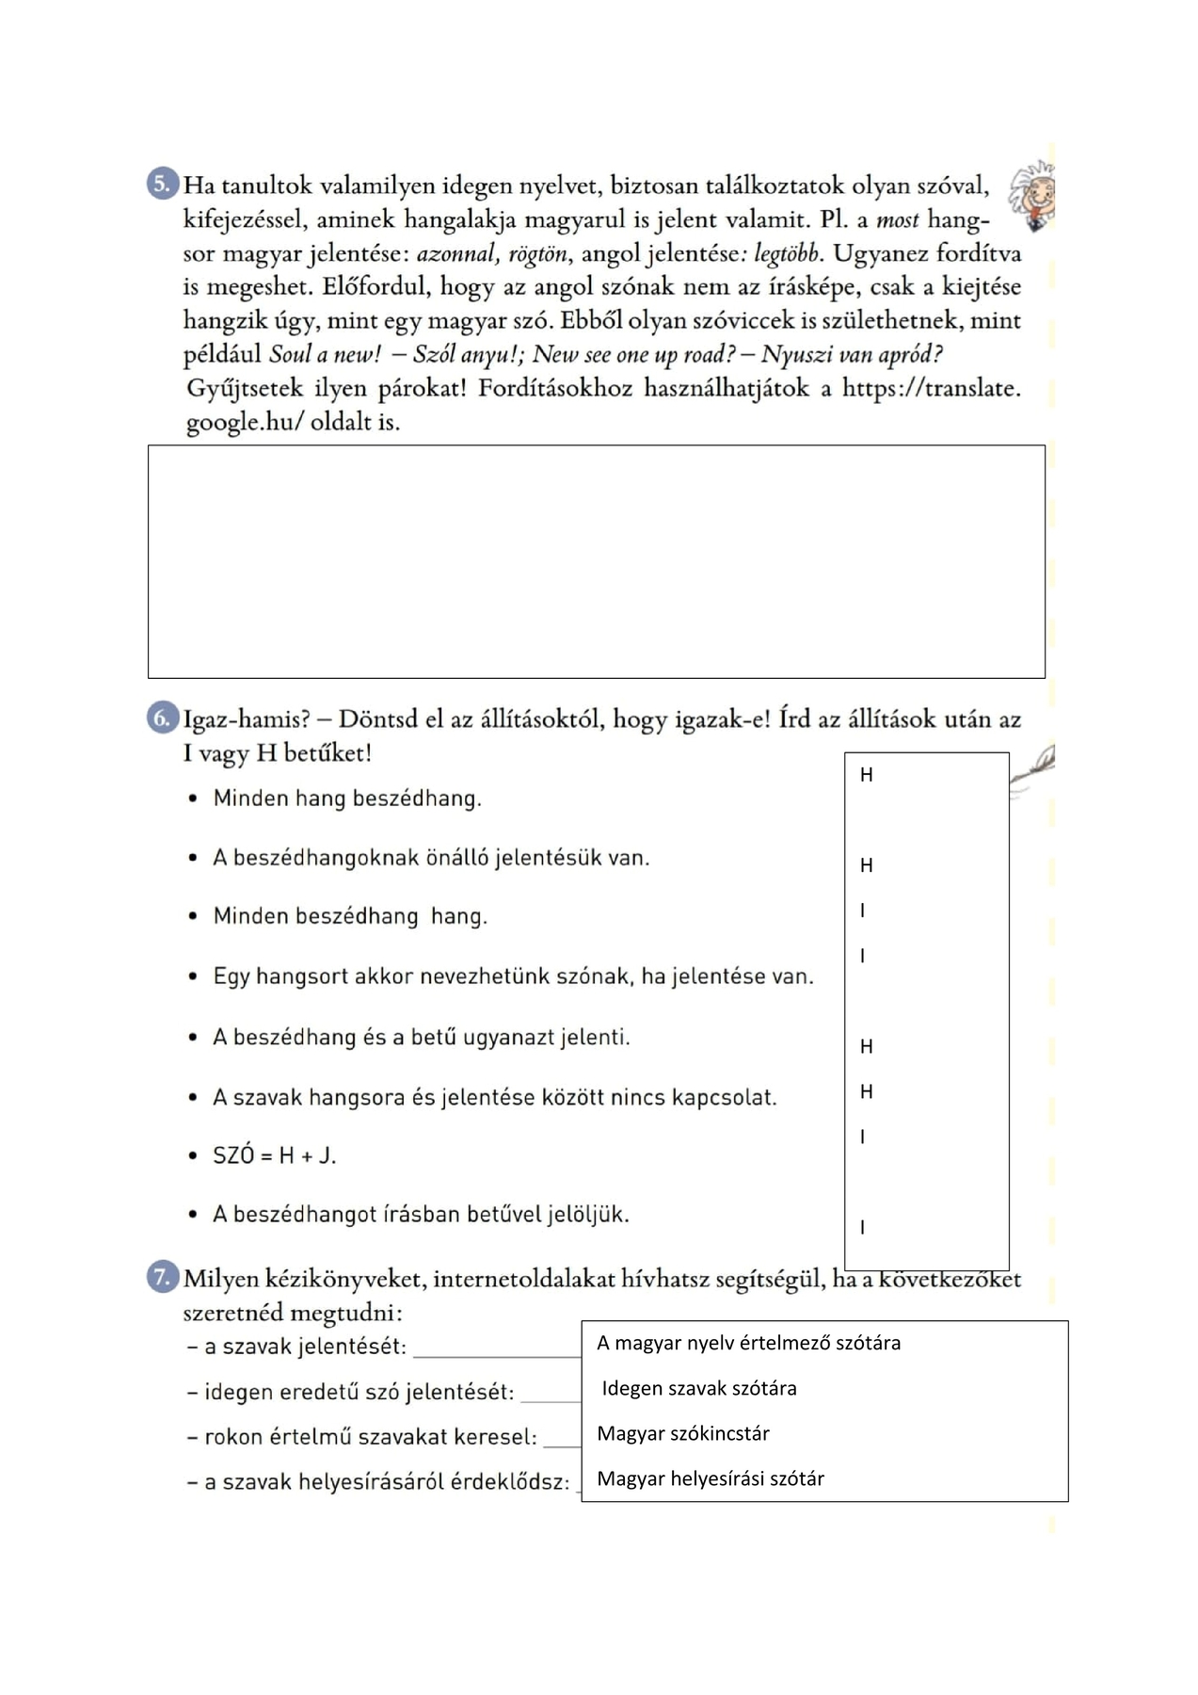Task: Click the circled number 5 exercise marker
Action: click(x=163, y=184)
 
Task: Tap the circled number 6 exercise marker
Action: click(x=163, y=719)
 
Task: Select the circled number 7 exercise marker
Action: click(x=163, y=1278)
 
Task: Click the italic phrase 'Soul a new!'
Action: click(x=325, y=355)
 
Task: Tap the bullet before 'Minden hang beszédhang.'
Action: click(x=193, y=799)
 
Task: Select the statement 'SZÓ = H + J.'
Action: click(x=274, y=1155)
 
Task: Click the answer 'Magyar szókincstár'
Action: click(x=683, y=1433)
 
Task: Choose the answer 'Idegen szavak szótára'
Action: click(x=699, y=1388)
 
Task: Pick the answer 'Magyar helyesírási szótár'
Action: click(x=711, y=1478)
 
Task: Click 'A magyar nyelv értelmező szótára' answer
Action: click(x=749, y=1343)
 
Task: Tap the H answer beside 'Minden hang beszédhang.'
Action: click(x=867, y=775)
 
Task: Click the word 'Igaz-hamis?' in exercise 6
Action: click(x=247, y=720)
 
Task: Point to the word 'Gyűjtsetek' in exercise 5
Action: click(x=245, y=389)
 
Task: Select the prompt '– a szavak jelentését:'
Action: click(x=297, y=1347)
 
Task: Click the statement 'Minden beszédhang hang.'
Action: click(x=350, y=916)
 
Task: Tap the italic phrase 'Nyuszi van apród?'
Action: click(x=852, y=355)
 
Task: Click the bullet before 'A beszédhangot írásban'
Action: click(x=193, y=1215)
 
